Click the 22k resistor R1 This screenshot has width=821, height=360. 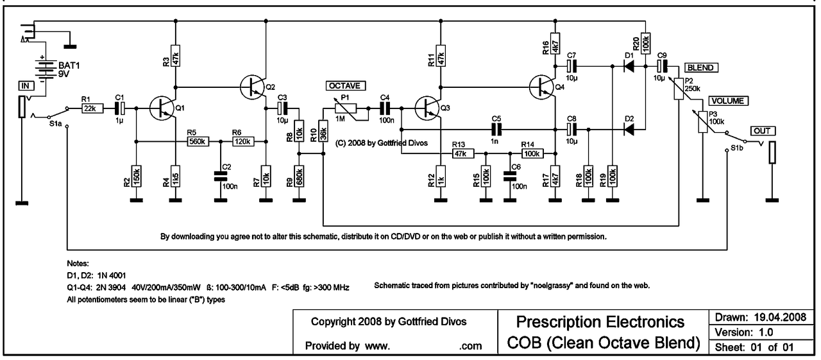(x=89, y=108)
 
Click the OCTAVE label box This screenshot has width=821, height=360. (x=346, y=85)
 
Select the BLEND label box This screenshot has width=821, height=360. (x=701, y=67)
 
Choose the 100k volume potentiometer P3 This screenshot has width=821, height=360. (x=703, y=122)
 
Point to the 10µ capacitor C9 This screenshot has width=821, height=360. (x=662, y=65)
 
